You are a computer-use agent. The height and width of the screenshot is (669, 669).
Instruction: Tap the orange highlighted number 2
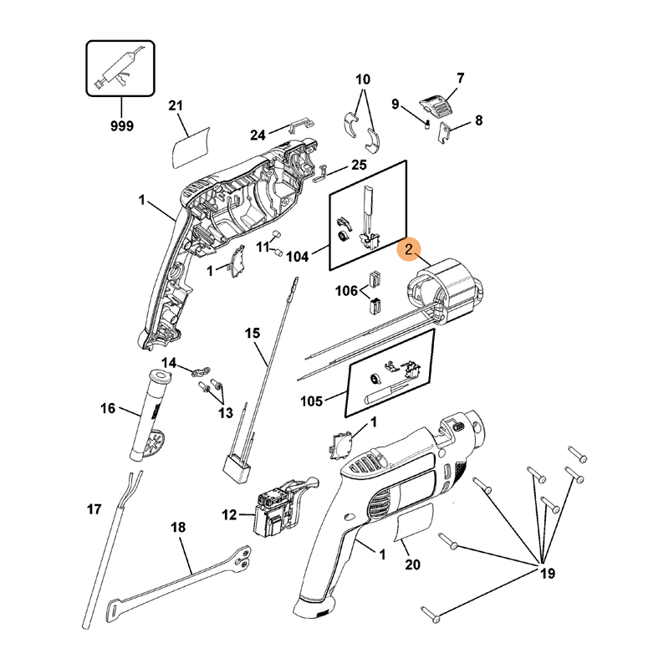point(410,250)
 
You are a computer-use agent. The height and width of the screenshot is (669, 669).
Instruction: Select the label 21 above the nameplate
point(175,105)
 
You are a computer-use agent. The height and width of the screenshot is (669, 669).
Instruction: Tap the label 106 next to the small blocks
point(346,291)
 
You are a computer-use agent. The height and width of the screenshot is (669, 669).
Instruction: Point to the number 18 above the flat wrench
point(178,528)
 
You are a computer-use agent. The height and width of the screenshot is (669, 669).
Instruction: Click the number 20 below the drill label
point(411,564)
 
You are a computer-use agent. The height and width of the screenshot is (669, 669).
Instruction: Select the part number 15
point(253,334)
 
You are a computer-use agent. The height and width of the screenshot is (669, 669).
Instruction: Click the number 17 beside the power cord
point(94,508)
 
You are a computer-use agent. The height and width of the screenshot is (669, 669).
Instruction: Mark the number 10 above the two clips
point(362,80)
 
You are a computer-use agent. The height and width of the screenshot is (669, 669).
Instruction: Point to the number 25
point(359,165)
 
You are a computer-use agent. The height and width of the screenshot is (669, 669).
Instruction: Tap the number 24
point(258,135)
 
